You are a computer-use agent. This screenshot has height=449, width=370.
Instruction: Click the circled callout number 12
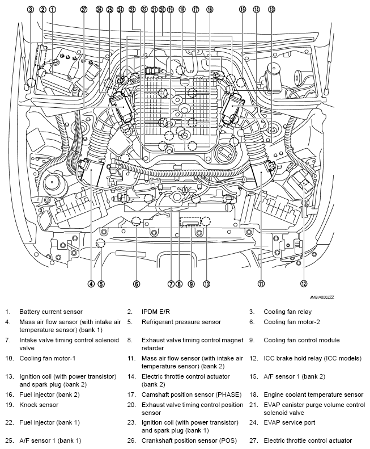304,283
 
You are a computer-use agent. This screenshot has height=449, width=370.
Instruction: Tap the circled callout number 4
91,283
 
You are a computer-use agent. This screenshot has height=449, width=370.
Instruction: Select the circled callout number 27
84,9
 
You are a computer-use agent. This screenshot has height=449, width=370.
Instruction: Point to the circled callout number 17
195,9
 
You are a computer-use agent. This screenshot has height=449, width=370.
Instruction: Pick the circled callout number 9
192,283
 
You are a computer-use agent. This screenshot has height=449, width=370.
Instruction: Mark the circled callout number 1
53,9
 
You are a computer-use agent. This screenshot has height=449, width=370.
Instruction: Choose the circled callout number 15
242,9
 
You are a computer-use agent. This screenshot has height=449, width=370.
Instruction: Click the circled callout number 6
137,283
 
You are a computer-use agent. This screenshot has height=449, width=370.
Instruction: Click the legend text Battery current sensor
50,312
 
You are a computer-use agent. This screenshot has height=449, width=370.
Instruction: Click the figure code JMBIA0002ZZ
322,297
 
